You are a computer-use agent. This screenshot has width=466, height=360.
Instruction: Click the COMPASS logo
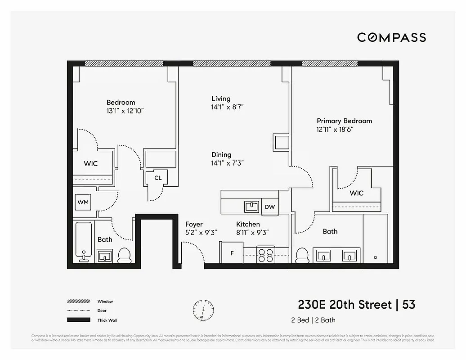(391, 37)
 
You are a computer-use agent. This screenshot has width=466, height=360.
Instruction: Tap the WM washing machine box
(83, 202)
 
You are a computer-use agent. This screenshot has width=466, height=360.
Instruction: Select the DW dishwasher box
(270, 207)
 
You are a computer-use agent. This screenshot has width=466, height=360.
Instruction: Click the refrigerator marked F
(231, 253)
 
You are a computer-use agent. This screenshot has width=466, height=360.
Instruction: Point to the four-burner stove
(265, 255)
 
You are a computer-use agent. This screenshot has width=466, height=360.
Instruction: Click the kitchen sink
(251, 206)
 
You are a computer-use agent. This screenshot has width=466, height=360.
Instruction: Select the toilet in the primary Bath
(302, 255)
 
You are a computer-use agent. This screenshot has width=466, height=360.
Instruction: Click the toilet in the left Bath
(124, 255)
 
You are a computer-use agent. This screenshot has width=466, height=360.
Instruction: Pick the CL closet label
(158, 178)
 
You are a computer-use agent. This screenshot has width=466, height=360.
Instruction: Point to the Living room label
(221, 99)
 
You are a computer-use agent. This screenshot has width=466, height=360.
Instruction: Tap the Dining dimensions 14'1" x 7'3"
(228, 163)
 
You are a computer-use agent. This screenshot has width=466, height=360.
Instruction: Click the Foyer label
(194, 224)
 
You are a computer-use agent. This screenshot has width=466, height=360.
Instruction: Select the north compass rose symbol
(202, 310)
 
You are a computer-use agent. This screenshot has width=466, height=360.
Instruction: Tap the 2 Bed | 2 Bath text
(313, 320)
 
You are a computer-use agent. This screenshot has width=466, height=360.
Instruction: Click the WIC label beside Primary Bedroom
(357, 193)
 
